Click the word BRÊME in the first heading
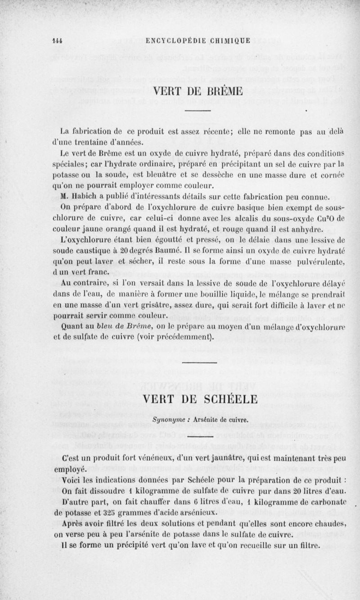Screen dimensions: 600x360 point(223,92)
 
